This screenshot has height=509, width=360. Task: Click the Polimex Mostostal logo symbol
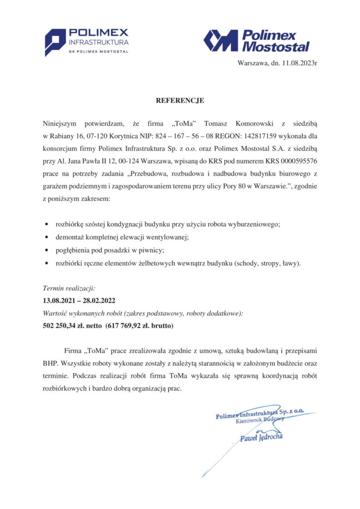[x=220, y=40]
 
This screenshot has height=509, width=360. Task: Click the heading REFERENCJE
[x=180, y=100]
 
